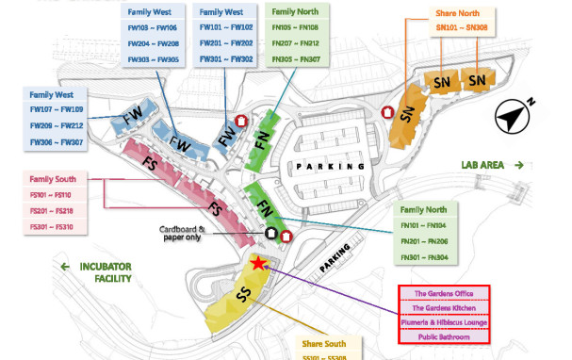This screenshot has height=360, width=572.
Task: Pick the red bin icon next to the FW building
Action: tap(242, 121)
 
